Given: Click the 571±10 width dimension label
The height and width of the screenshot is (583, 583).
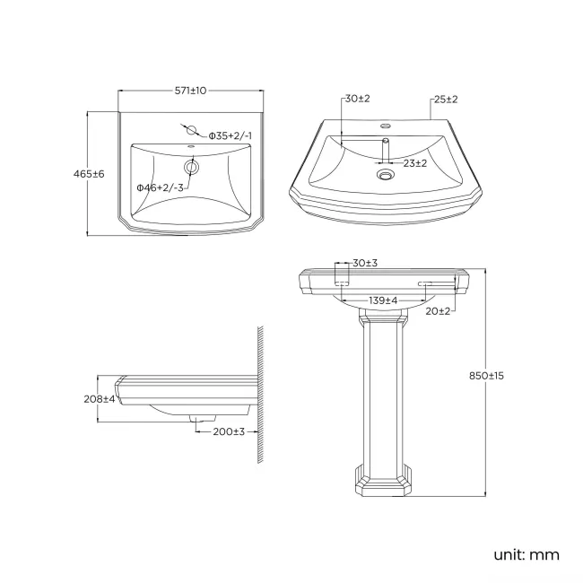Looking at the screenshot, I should point(191,91).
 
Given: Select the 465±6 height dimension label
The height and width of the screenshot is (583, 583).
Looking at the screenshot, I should point(91,174).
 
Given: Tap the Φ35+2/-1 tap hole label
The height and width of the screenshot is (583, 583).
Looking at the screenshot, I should point(230,135).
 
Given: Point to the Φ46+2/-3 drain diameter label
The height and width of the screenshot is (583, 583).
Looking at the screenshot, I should point(160,187).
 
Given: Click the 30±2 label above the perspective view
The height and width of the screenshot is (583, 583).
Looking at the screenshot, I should point(357,99).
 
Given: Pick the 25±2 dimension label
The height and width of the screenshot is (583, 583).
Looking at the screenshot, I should point(446,99).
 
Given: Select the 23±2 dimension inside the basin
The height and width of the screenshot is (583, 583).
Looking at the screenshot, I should point(413,163).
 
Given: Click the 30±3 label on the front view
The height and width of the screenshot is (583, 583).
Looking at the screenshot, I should point(364,263).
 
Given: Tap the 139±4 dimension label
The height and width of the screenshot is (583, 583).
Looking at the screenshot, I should point(383,300).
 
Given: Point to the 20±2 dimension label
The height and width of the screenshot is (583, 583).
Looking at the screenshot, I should point(438,310).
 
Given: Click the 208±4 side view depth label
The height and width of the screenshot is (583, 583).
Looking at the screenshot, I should point(100,398).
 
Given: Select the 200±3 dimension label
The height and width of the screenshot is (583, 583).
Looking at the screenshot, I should point(229,431).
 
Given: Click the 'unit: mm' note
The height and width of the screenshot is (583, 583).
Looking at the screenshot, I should point(526,554).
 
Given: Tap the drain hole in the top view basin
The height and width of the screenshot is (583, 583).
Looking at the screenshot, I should point(191,167).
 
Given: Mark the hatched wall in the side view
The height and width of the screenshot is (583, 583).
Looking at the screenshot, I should point(260,395).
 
